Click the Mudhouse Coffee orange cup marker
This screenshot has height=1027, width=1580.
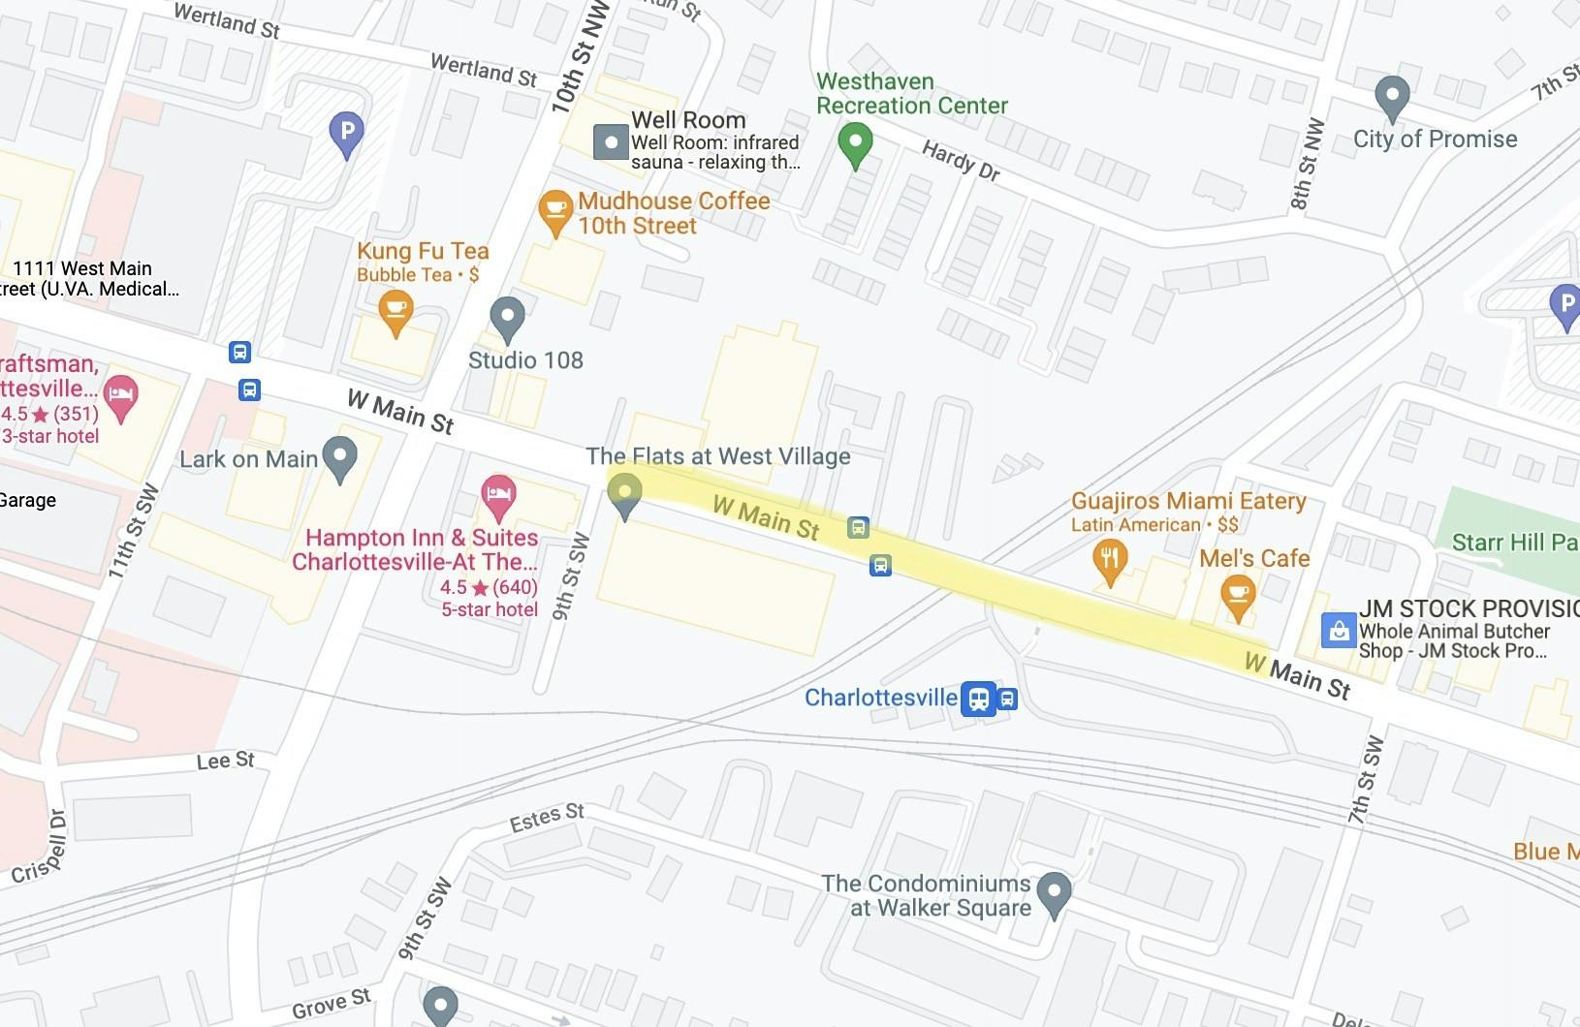(555, 211)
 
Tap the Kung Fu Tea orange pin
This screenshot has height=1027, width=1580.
(395, 312)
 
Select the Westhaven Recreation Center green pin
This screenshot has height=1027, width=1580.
(855, 143)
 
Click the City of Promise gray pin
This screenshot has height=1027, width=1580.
(1392, 97)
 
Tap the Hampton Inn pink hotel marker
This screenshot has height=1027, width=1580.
(498, 496)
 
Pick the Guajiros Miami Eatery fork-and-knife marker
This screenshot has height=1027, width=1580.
(1110, 561)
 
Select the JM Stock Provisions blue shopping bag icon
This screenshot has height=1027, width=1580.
(1339, 631)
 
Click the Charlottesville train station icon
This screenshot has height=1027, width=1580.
(979, 698)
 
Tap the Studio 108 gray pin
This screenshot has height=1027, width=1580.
(507, 317)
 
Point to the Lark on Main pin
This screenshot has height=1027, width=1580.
(339, 457)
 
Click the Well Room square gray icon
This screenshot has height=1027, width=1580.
(611, 142)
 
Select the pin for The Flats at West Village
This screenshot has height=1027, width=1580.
(624, 494)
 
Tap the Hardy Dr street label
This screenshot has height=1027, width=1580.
(960, 161)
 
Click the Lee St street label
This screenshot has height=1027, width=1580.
(225, 761)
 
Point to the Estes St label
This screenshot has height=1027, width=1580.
(547, 817)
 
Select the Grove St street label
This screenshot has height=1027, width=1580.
(331, 1004)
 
